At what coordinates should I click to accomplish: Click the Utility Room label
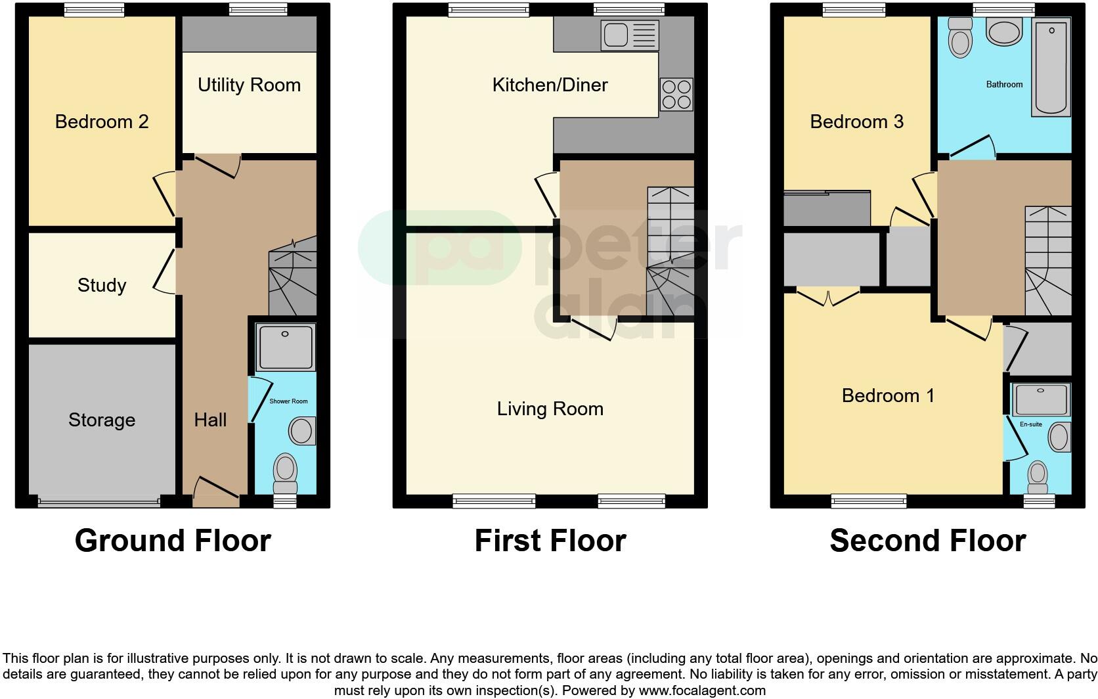coord(249,85)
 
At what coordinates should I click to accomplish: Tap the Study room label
coord(102,285)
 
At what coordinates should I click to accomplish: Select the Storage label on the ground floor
coord(102,420)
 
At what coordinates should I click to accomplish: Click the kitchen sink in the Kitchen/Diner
coord(629,35)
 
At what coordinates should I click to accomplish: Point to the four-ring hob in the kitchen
coord(676,94)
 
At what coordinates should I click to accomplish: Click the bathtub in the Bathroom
coord(1051,67)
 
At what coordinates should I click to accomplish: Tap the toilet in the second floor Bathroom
coord(960,37)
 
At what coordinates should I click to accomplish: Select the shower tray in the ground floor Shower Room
coord(286,347)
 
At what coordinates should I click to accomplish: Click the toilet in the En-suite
coord(1038,477)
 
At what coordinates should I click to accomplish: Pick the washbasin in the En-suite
coord(1059,437)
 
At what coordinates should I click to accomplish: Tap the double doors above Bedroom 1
coord(829,298)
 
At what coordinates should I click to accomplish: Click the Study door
coord(165,271)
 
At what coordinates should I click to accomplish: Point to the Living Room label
coord(550,409)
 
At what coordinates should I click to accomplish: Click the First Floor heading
coord(550,541)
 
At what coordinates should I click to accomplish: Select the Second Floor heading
coord(927,541)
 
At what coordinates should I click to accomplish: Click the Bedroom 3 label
coord(856,122)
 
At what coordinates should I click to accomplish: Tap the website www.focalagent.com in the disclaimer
coord(702,690)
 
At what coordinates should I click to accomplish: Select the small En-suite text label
coord(1030,424)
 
